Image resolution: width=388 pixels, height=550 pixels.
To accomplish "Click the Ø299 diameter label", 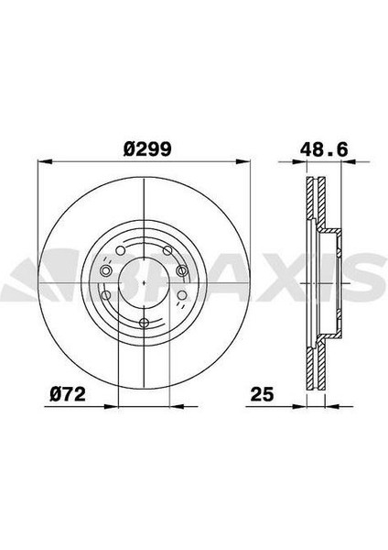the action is [147, 149].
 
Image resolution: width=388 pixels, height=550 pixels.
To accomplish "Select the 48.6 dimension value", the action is [325, 149].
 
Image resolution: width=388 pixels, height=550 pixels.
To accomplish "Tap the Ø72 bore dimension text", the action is [68, 394].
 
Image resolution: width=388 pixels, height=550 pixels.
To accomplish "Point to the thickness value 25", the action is [262, 394].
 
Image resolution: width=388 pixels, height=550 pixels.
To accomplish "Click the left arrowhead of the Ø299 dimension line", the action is [45, 161].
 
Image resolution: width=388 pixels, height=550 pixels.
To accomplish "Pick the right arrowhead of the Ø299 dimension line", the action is [243, 161].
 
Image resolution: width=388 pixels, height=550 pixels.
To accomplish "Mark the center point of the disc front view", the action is [145, 282].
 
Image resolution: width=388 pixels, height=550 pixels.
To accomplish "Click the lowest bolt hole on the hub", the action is [145, 323].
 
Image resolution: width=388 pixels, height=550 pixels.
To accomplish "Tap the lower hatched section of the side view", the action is [316, 365].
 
